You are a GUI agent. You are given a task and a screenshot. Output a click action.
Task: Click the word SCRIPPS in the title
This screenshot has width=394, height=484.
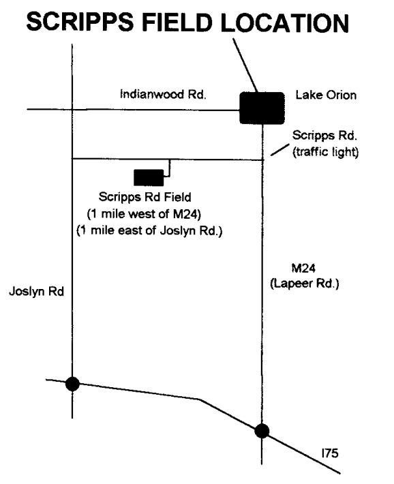click(80, 22)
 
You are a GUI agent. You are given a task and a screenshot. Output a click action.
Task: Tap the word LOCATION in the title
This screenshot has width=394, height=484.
click(285, 22)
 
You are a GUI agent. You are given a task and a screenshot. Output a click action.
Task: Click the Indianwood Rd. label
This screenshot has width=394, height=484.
click(163, 94)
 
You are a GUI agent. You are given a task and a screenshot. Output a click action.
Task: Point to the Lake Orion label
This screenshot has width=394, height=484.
click(326, 95)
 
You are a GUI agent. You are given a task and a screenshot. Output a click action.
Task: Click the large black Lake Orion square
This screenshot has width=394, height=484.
click(262, 108)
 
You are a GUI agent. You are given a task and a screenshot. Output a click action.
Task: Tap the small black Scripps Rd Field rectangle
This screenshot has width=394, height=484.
click(149, 177)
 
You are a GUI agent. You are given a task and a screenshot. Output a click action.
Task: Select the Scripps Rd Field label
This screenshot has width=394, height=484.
click(145, 197)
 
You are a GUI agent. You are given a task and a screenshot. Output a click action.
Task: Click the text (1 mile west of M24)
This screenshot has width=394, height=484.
click(144, 213)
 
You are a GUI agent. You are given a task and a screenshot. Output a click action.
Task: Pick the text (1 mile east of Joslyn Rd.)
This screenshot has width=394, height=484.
click(149, 230)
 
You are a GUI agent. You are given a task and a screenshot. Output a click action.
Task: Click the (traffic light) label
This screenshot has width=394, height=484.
click(326, 152)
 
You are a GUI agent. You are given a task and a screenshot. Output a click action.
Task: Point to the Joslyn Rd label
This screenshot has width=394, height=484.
click(36, 291)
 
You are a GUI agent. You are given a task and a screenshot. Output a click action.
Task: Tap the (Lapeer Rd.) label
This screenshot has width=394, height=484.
click(305, 284)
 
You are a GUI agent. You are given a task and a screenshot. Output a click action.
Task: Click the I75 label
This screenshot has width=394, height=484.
click(330, 453)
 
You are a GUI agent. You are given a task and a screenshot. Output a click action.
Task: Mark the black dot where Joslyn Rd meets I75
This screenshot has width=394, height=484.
click(72, 384)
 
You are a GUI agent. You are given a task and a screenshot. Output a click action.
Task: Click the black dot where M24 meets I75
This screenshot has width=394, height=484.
click(262, 431)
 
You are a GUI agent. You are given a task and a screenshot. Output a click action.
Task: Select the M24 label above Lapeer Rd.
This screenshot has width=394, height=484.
click(303, 268)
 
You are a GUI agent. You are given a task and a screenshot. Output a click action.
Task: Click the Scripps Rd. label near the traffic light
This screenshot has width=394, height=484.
click(324, 135)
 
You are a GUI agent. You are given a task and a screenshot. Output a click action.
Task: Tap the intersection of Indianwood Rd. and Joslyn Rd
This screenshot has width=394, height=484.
click(72, 109)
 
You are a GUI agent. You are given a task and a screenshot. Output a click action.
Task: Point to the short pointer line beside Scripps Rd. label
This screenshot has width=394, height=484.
click(280, 149)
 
